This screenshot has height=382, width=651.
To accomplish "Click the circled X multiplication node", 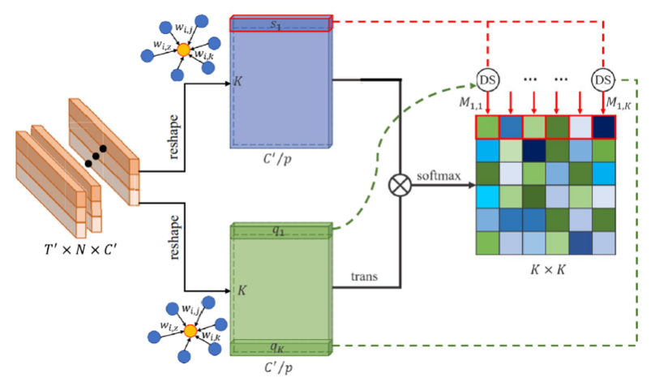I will click(400, 186).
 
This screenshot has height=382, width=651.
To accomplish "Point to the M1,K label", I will click(620, 103).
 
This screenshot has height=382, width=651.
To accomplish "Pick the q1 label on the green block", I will click(278, 230).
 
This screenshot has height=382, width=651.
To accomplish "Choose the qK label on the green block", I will click(278, 346).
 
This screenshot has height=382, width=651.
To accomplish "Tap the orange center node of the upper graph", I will click(184, 50).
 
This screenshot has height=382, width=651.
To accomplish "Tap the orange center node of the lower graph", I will click(190, 332).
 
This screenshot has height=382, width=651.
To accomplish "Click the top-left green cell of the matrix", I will click(487, 128).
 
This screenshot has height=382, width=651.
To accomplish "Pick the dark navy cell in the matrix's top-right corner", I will click(603, 128).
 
